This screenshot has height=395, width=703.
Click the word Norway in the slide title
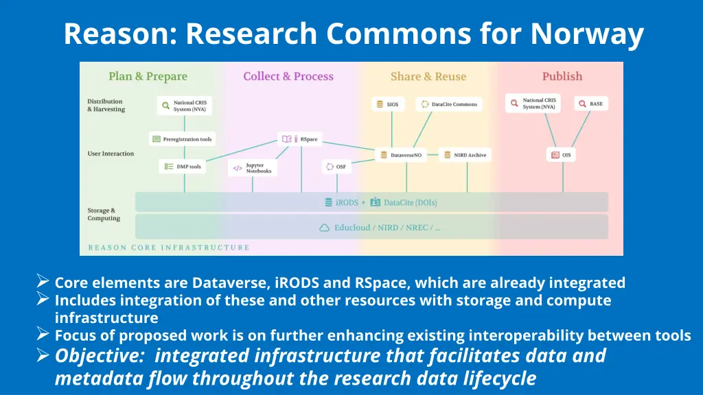click(587, 34)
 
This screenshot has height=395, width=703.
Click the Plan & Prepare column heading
click(148, 76)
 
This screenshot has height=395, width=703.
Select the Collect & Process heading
click(288, 76)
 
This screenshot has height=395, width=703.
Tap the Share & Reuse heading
click(428, 76)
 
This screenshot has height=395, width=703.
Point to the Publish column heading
click(562, 76)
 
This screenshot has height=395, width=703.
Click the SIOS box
click(388, 104)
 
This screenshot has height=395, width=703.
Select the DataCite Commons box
click(449, 104)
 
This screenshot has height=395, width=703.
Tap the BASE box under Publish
click(590, 104)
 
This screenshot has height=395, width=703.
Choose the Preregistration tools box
click(182, 139)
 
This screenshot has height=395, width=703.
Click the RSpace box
click(301, 139)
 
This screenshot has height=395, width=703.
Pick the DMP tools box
click(183, 167)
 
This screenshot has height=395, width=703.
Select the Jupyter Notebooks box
click(253, 168)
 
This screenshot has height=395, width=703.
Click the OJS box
click(561, 155)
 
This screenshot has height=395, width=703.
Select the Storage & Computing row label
click(103, 214)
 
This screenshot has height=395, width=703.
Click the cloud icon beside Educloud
click(325, 227)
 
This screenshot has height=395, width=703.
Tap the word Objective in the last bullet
click(100, 356)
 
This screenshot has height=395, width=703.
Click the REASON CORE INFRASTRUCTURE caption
click(168, 248)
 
